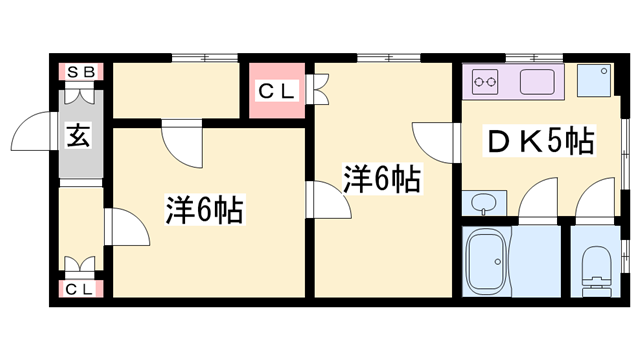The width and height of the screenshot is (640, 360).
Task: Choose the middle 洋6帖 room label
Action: coord(381,180)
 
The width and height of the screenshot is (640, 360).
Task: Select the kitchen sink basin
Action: coord(541,81)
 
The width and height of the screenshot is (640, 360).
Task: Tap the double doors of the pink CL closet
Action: coord(321,91)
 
